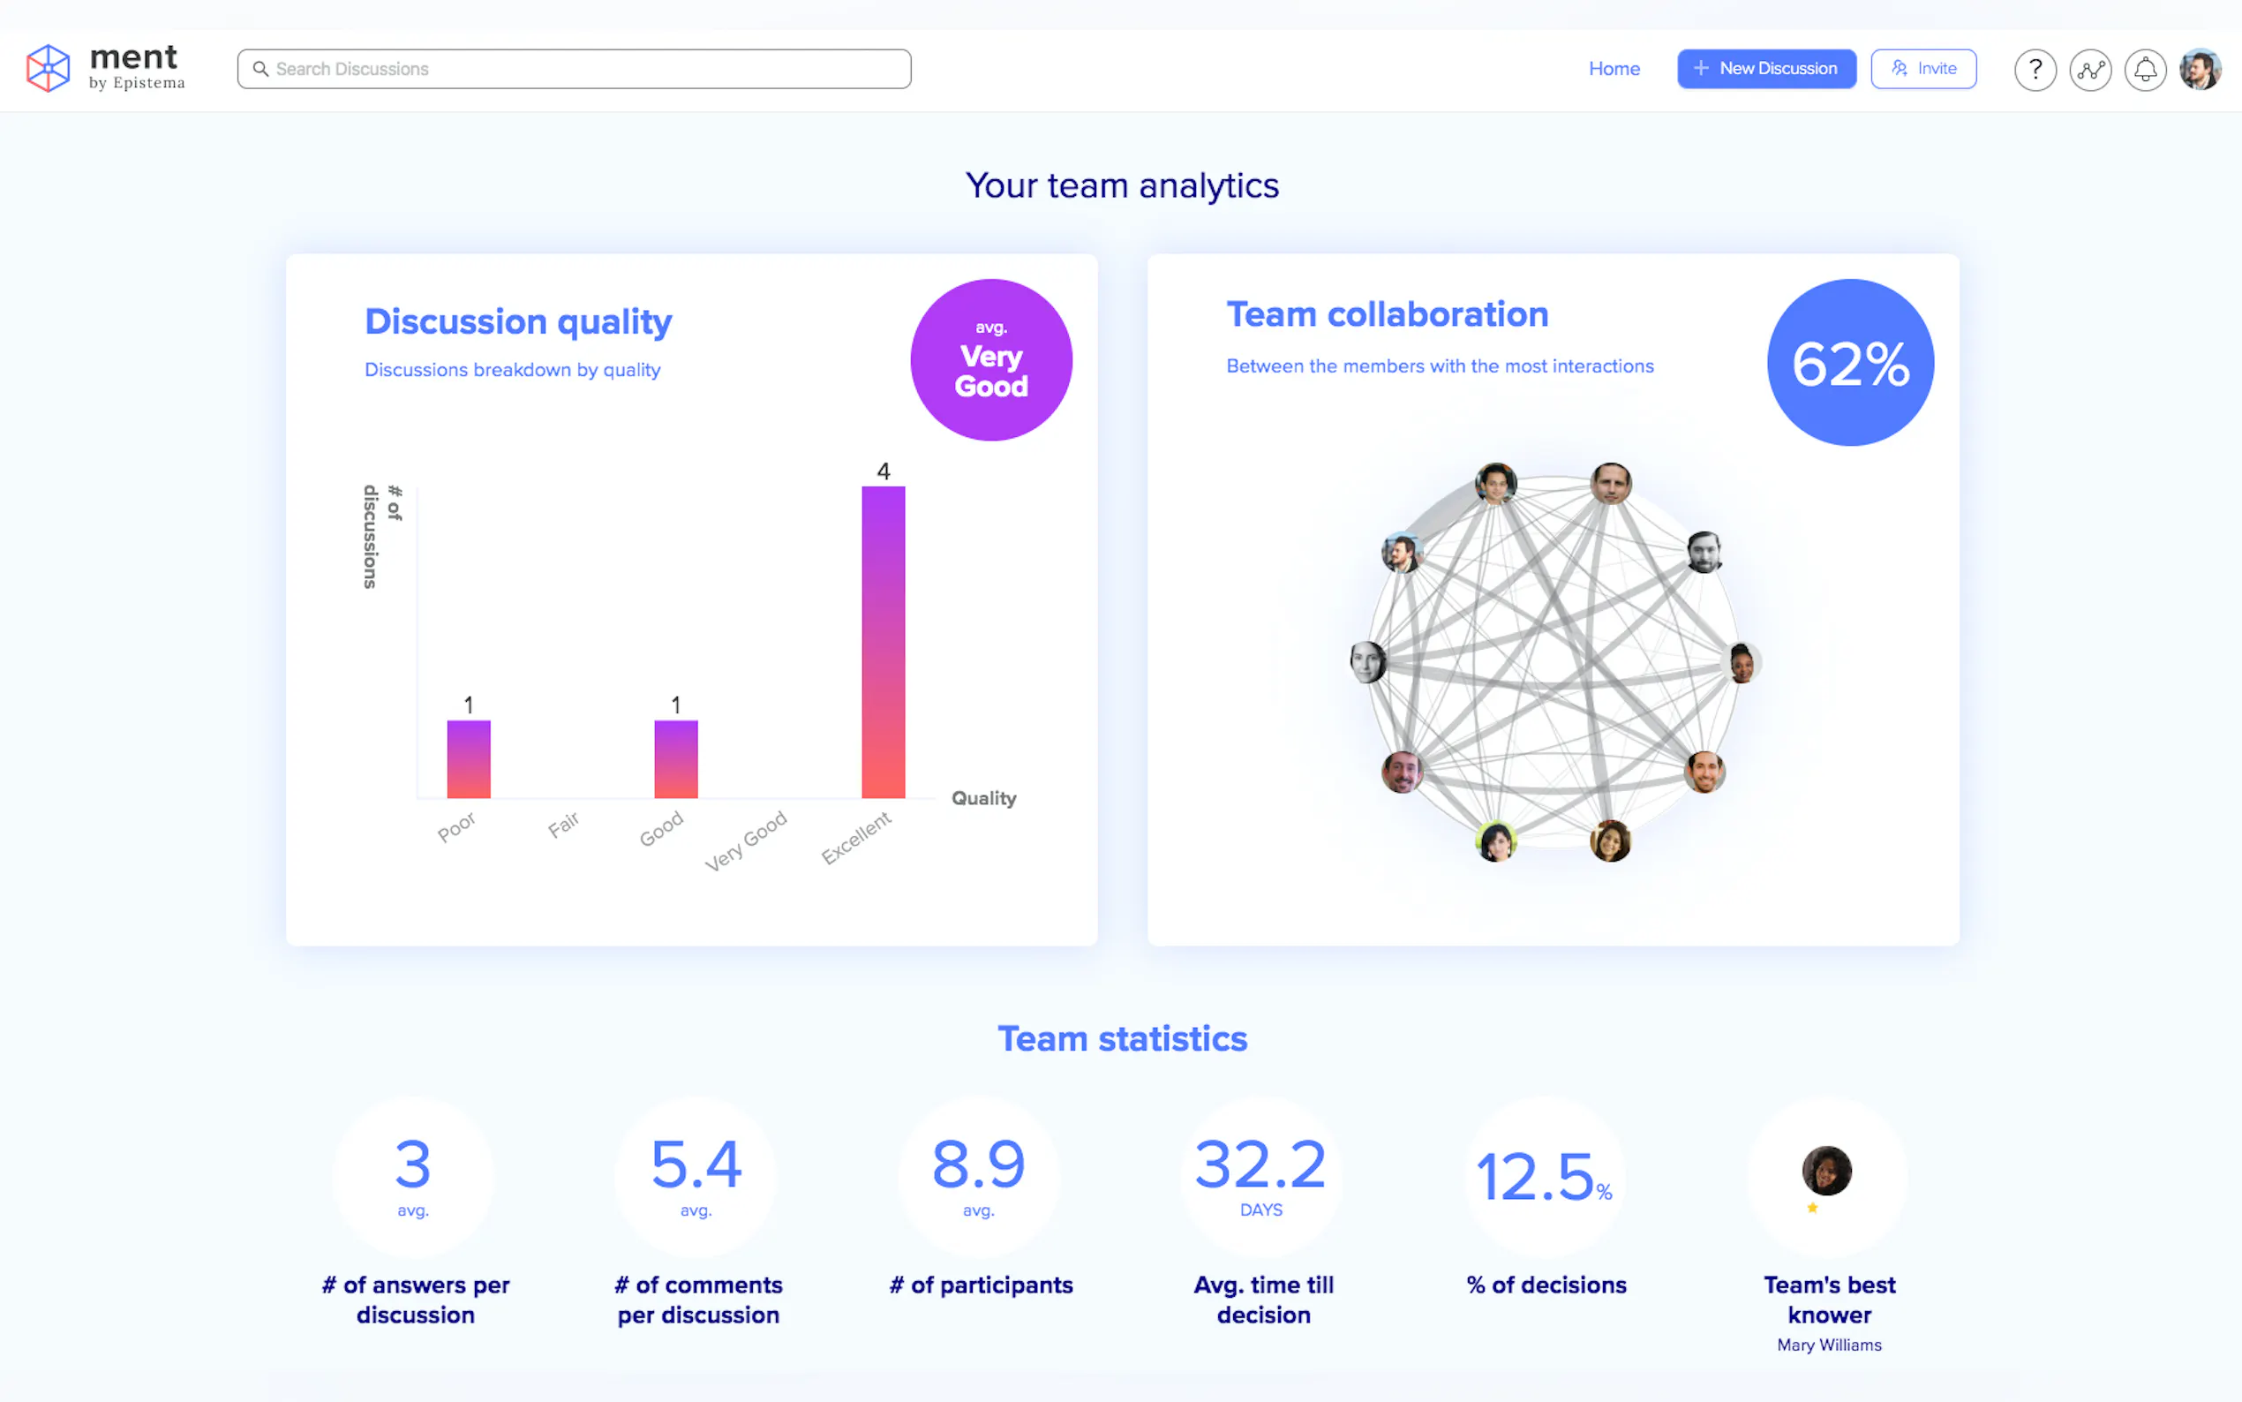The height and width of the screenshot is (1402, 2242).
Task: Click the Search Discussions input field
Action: [575, 69]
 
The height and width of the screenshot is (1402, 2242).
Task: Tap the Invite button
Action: [1923, 69]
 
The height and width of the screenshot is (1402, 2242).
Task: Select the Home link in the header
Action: [1614, 69]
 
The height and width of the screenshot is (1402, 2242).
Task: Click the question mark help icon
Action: [2035, 70]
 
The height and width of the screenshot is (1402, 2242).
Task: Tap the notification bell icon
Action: [2145, 70]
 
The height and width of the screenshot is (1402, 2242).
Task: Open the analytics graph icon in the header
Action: [2090, 70]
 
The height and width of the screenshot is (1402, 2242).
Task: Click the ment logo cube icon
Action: [49, 69]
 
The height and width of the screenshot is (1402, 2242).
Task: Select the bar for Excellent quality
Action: [884, 642]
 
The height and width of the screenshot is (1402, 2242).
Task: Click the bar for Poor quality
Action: [468, 758]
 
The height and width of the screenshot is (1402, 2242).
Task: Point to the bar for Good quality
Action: [675, 758]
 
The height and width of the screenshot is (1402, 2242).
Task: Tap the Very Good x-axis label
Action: [745, 840]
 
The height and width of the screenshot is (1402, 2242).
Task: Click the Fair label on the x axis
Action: [562, 824]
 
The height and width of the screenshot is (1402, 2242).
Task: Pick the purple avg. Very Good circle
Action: [990, 360]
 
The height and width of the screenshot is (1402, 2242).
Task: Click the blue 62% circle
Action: [1850, 363]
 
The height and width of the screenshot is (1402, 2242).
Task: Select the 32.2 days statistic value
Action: [1260, 1165]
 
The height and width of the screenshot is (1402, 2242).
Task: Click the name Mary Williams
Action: [1829, 1345]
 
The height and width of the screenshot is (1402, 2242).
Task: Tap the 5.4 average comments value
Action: [696, 1165]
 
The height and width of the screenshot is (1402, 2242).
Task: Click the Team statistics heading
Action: [1122, 1038]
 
